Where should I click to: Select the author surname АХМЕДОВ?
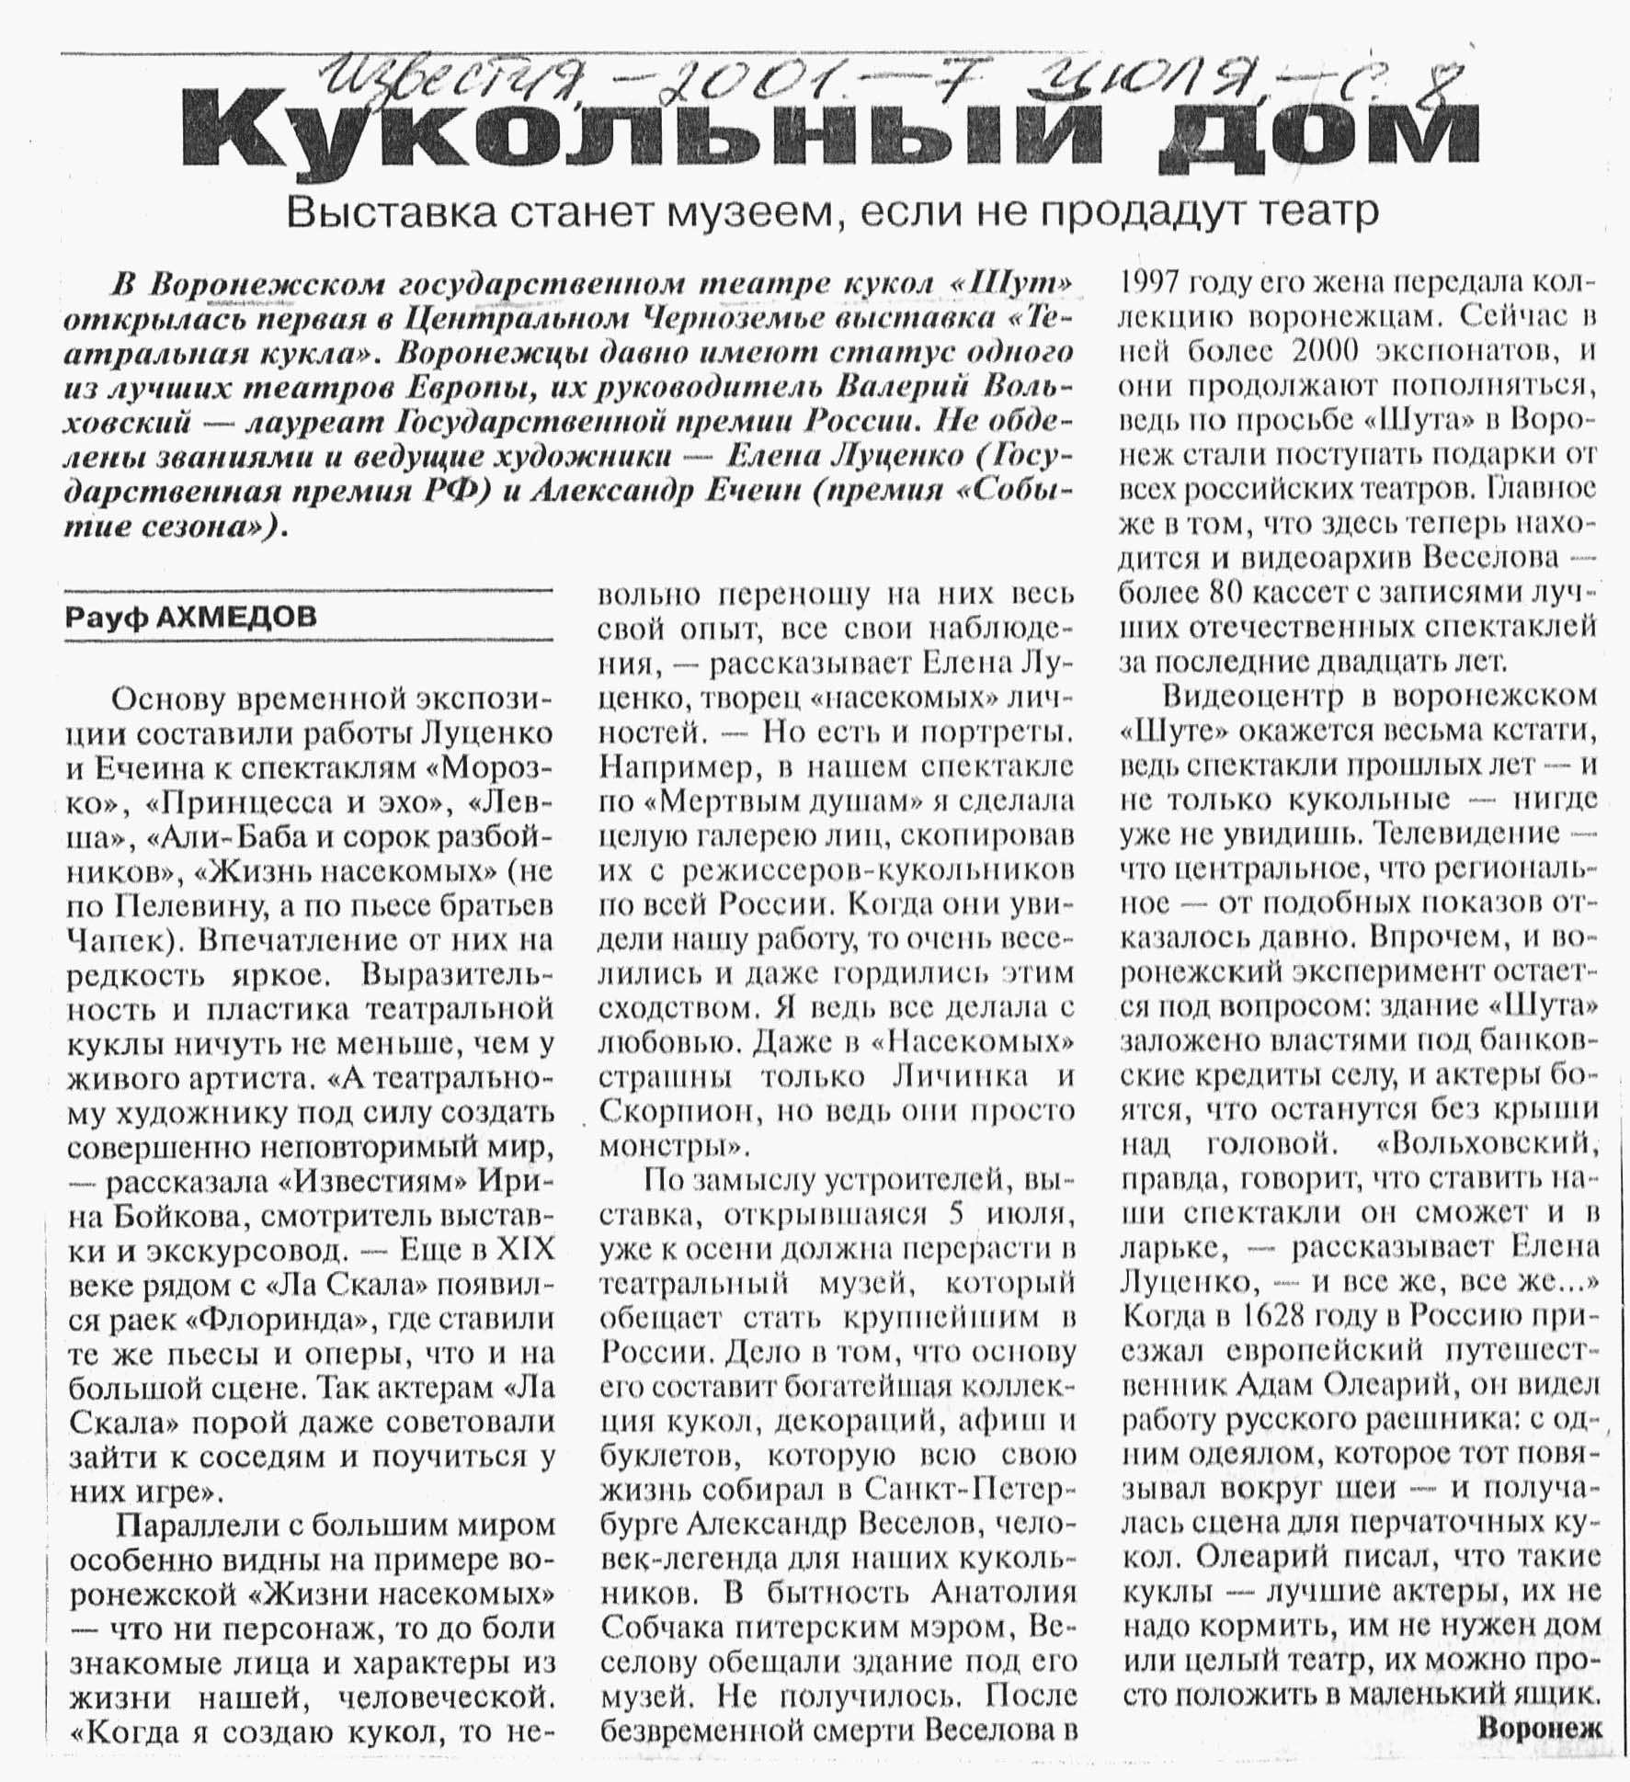click(x=236, y=616)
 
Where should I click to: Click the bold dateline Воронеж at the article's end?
click(x=1539, y=1728)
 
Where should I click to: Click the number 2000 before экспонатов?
click(x=1328, y=351)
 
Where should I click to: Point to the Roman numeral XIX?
click(x=526, y=1250)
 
